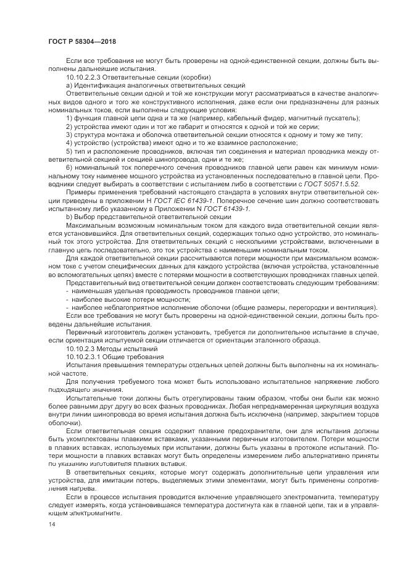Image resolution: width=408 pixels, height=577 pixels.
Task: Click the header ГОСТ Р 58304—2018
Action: [x=81, y=42]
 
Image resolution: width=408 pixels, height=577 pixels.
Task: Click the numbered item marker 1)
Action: [x=69, y=117]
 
